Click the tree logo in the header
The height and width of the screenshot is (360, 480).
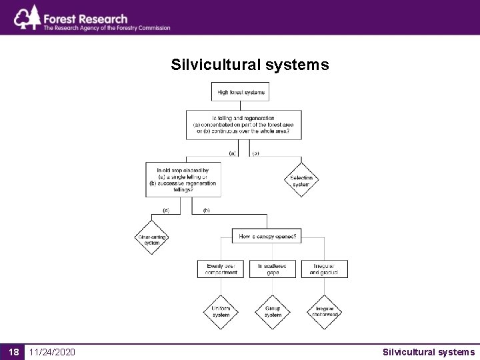click(x=27, y=18)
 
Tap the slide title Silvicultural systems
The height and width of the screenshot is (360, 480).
click(x=249, y=65)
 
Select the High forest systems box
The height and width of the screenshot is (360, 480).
click(x=240, y=91)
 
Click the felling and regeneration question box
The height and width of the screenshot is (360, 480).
click(x=243, y=125)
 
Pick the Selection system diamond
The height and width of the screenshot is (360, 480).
click(x=301, y=179)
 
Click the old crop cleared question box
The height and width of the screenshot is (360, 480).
click(x=183, y=179)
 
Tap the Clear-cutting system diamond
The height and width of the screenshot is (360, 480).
click(x=151, y=238)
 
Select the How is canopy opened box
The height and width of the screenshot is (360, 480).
click(x=267, y=236)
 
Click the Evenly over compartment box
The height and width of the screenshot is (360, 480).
click(x=221, y=269)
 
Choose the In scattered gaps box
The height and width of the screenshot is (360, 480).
click(x=272, y=269)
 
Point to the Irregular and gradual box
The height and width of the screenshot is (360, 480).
click(x=324, y=269)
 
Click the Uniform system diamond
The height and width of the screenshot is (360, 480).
click(x=221, y=311)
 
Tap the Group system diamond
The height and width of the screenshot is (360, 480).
click(x=273, y=311)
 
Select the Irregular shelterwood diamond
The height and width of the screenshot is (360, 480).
click(x=324, y=311)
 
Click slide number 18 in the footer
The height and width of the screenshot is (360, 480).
click(x=13, y=351)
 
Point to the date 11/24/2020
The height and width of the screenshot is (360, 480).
click(x=52, y=351)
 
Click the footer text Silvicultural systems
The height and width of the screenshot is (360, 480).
click(x=429, y=351)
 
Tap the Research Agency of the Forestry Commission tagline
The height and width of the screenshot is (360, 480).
click(x=107, y=28)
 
